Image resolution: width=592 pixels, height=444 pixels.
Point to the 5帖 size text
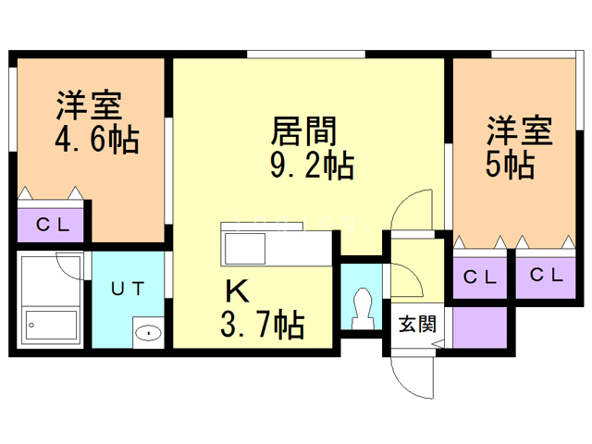pyautogui.click(x=509, y=166)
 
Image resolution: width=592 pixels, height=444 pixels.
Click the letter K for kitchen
pyautogui.click(x=238, y=292)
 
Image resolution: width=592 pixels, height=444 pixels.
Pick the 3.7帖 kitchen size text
pyautogui.click(x=263, y=325)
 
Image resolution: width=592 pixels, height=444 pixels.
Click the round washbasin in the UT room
pyautogui.click(x=147, y=332)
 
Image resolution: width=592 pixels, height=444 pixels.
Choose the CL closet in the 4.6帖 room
pyautogui.click(x=51, y=223)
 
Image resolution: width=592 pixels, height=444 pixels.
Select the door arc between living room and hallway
pyautogui.click(x=413, y=213)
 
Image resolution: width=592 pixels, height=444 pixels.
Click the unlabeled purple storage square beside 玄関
pyautogui.click(x=479, y=325)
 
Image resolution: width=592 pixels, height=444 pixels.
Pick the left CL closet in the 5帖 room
pyautogui.click(x=479, y=275)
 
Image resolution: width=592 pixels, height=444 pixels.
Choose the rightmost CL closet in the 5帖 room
pyautogui.click(x=544, y=275)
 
